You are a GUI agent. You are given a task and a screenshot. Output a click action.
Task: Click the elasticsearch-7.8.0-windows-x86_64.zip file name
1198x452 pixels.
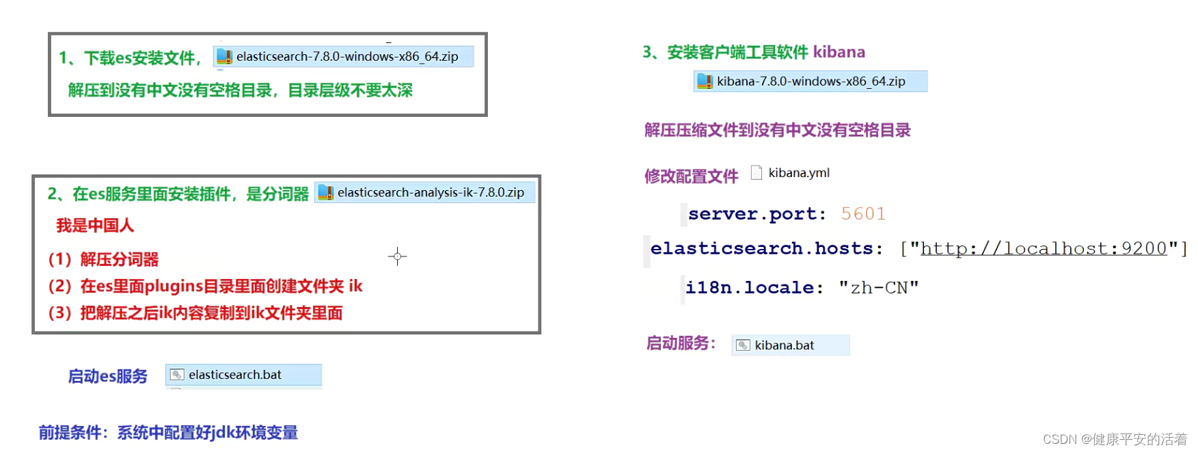[347, 57]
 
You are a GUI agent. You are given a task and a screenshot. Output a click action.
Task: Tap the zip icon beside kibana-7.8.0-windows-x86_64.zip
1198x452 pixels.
[705, 81]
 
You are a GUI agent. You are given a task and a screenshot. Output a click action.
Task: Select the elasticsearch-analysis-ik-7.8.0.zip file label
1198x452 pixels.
[431, 193]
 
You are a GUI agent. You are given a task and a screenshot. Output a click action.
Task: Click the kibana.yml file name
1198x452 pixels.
[799, 173]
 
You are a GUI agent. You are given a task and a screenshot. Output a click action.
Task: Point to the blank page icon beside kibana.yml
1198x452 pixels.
[757, 172]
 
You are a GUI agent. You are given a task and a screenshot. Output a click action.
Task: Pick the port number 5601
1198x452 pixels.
[863, 214]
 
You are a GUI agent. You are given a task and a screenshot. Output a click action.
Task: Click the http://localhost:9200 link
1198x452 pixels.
[1044, 248]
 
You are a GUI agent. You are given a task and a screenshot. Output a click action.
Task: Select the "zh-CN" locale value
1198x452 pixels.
[879, 288]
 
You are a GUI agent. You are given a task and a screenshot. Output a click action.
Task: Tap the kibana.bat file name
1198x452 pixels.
[784, 345]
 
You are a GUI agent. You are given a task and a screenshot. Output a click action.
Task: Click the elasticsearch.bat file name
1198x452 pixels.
[235, 375]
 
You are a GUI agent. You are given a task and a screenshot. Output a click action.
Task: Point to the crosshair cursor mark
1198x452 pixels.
[397, 257]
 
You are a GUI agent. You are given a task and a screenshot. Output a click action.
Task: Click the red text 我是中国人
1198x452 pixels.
[95, 226]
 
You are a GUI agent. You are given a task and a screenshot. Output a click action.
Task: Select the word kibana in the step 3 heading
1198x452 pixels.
[839, 52]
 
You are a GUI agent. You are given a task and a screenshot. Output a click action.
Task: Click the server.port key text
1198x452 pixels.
[757, 214]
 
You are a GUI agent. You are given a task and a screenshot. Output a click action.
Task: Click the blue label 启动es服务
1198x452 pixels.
[108, 377]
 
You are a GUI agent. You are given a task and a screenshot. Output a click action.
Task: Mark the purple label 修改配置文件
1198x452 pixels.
[691, 176]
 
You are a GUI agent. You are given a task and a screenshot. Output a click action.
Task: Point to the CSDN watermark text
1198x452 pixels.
[1115, 439]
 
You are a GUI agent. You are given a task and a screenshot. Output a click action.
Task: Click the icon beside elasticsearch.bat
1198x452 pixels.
[177, 375]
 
